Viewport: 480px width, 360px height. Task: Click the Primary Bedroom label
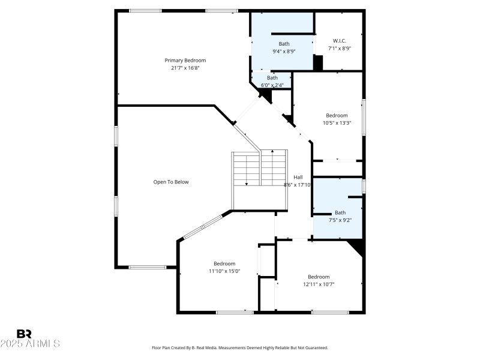[185, 60]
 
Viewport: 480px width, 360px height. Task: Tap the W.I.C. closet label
[340, 41]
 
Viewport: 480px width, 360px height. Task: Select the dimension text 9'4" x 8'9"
[284, 51]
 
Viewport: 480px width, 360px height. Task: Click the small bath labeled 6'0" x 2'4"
[272, 81]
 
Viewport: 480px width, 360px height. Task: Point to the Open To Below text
[171, 182]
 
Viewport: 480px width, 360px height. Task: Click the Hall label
[298, 177]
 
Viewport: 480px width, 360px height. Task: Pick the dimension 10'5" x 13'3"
[337, 123]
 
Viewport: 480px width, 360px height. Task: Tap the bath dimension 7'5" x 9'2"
[340, 220]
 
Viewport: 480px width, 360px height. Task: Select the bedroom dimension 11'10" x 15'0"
[224, 271]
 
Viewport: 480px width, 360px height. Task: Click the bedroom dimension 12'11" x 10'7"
[319, 284]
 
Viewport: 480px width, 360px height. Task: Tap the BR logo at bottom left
[24, 334]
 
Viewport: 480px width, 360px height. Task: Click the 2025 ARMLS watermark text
[30, 344]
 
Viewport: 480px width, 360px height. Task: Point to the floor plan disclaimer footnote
[240, 347]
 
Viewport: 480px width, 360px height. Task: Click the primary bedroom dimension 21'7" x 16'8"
[185, 68]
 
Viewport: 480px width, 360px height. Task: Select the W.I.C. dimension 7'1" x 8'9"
[340, 49]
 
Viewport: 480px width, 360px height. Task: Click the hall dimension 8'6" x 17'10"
[298, 185]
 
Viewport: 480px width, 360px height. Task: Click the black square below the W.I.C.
[319, 62]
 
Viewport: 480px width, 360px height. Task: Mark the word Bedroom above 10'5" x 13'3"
[337, 115]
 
